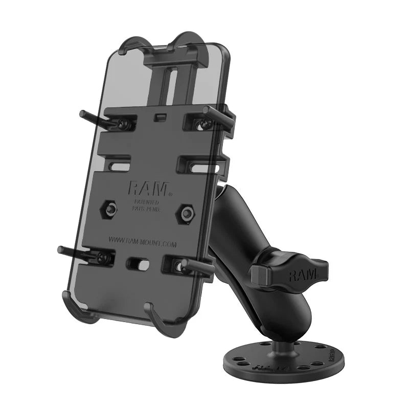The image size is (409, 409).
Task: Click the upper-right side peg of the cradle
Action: tap(220, 113)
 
